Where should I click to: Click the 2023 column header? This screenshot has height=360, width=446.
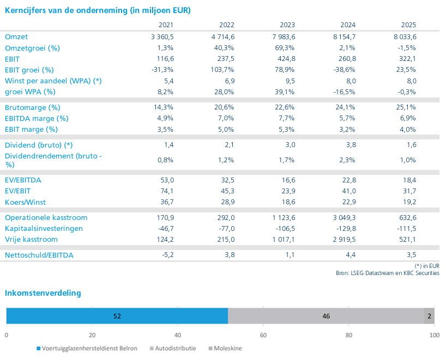pos(287,25)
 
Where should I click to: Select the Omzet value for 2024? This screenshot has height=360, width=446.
pos(344,37)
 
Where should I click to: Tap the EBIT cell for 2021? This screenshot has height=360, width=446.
pos(165,59)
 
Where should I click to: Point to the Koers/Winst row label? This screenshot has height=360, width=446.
pos(25,202)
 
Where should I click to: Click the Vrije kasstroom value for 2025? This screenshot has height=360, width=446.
pos(407,240)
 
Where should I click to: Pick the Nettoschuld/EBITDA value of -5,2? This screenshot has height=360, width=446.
pos(168,255)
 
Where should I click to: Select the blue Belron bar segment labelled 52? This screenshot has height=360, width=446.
pos(117,316)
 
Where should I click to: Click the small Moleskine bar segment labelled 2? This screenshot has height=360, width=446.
pos(429,316)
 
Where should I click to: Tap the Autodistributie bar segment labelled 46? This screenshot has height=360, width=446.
pos(326,316)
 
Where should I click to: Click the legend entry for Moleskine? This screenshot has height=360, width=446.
pos(225,349)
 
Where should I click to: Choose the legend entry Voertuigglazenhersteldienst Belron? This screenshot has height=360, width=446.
pos(87,349)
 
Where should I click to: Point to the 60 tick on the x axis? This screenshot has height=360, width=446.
pos(263,335)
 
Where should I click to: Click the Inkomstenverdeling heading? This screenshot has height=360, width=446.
pos(43,293)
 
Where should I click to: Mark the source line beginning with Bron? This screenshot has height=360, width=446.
pos(388,273)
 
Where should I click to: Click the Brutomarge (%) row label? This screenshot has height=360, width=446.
pos(32,108)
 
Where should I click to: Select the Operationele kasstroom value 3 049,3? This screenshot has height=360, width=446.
pos(344,218)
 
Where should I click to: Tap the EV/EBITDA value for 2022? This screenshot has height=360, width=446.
pos(227,180)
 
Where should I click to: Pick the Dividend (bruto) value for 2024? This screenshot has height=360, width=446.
pos(351,145)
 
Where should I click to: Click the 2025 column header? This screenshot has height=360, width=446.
pos(408,25)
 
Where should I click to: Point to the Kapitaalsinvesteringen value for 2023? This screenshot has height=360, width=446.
pos(286,229)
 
